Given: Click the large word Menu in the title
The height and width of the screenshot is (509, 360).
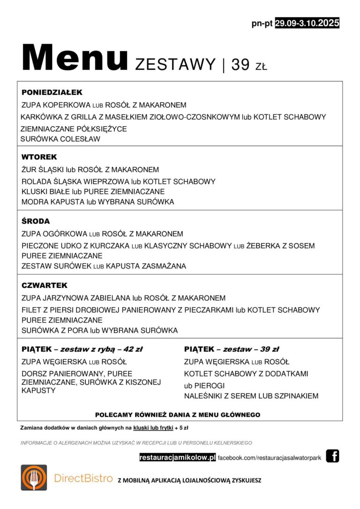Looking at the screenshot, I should pyautogui.click(x=75, y=59).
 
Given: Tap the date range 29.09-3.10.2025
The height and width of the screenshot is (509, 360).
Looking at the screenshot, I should pyautogui.click(x=307, y=23).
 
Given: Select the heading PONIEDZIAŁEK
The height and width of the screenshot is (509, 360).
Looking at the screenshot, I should pyautogui.click(x=52, y=93).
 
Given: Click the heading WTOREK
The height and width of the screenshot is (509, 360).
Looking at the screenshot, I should pyautogui.click(x=39, y=157).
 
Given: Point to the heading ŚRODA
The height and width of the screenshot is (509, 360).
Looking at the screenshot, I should pyautogui.click(x=36, y=221).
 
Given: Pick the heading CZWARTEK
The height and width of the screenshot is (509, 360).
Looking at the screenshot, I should pyautogui.click(x=45, y=285).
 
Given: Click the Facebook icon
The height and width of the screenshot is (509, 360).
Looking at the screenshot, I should pyautogui.click(x=332, y=456).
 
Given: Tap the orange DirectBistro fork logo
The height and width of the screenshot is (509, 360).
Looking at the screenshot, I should pyautogui.click(x=34, y=478).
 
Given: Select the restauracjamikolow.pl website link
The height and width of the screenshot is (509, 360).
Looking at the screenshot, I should pyautogui.click(x=178, y=457).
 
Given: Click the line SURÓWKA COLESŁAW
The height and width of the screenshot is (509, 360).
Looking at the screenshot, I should pyautogui.click(x=60, y=139).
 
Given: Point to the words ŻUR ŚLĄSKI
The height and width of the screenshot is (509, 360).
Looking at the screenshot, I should pyautogui.click(x=43, y=170).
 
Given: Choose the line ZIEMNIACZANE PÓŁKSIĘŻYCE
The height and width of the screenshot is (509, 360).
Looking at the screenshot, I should pyautogui.click(x=74, y=129).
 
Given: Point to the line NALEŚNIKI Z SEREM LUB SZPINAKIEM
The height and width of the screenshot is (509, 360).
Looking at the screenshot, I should pyautogui.click(x=251, y=396).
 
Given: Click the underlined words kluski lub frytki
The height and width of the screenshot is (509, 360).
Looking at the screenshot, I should pyautogui.click(x=153, y=428).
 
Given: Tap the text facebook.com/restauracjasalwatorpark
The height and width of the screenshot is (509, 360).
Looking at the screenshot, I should pyautogui.click(x=270, y=457).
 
